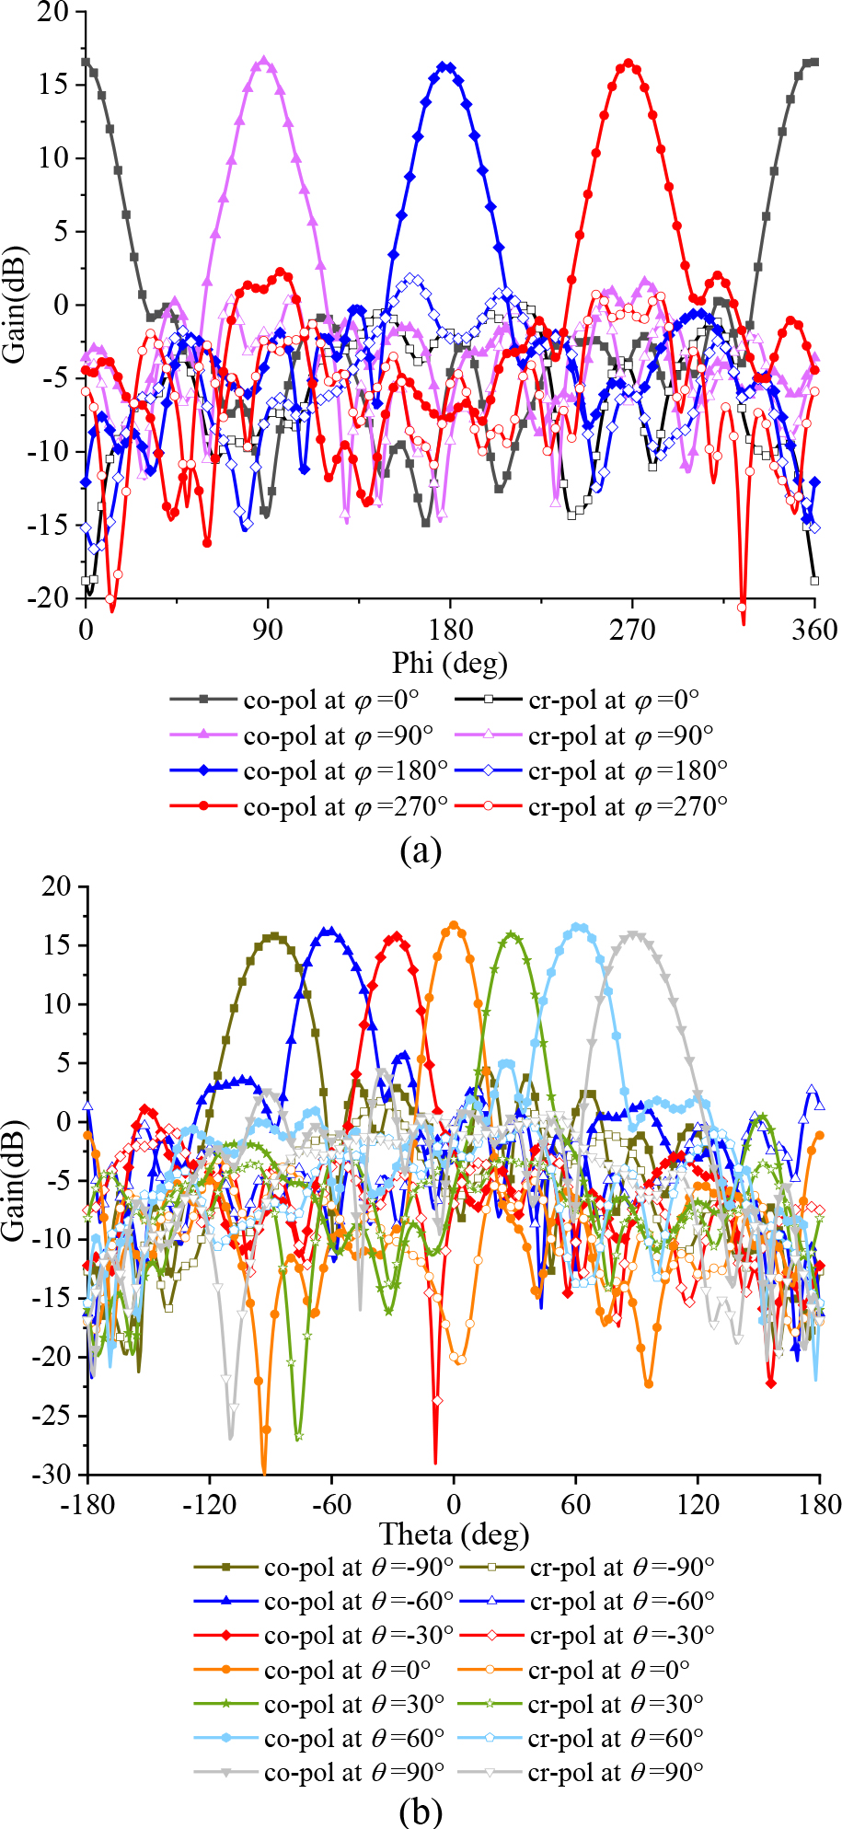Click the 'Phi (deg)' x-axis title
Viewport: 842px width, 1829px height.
coord(449,663)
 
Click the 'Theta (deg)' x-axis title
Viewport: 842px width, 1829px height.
coord(454,1534)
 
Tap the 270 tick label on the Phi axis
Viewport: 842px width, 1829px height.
coord(631,631)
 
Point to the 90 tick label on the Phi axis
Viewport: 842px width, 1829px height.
coord(268,631)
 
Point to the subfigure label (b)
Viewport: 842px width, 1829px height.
coord(421,1812)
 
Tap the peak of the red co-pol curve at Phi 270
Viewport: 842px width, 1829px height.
coord(629,64)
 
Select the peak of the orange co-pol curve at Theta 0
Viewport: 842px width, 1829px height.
coord(454,925)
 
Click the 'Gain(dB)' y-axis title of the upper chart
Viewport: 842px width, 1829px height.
coord(15,304)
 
